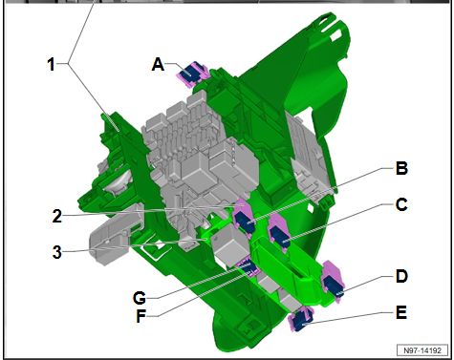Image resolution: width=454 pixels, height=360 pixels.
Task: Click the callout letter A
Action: tap(159, 65)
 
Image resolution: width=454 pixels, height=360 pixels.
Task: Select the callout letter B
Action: tap(401, 168)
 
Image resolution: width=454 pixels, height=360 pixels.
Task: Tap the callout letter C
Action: tap(401, 204)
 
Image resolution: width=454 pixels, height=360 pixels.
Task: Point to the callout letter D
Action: tap(401, 276)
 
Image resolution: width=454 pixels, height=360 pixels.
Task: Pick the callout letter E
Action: tap(401, 312)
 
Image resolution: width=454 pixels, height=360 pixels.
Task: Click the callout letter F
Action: tap(141, 316)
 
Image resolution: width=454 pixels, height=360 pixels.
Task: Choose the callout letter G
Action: tap(140, 299)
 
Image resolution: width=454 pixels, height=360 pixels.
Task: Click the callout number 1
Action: tap(52, 64)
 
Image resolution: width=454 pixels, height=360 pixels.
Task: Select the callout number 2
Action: tap(57, 216)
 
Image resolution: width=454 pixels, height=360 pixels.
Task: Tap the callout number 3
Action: tap(57, 252)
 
